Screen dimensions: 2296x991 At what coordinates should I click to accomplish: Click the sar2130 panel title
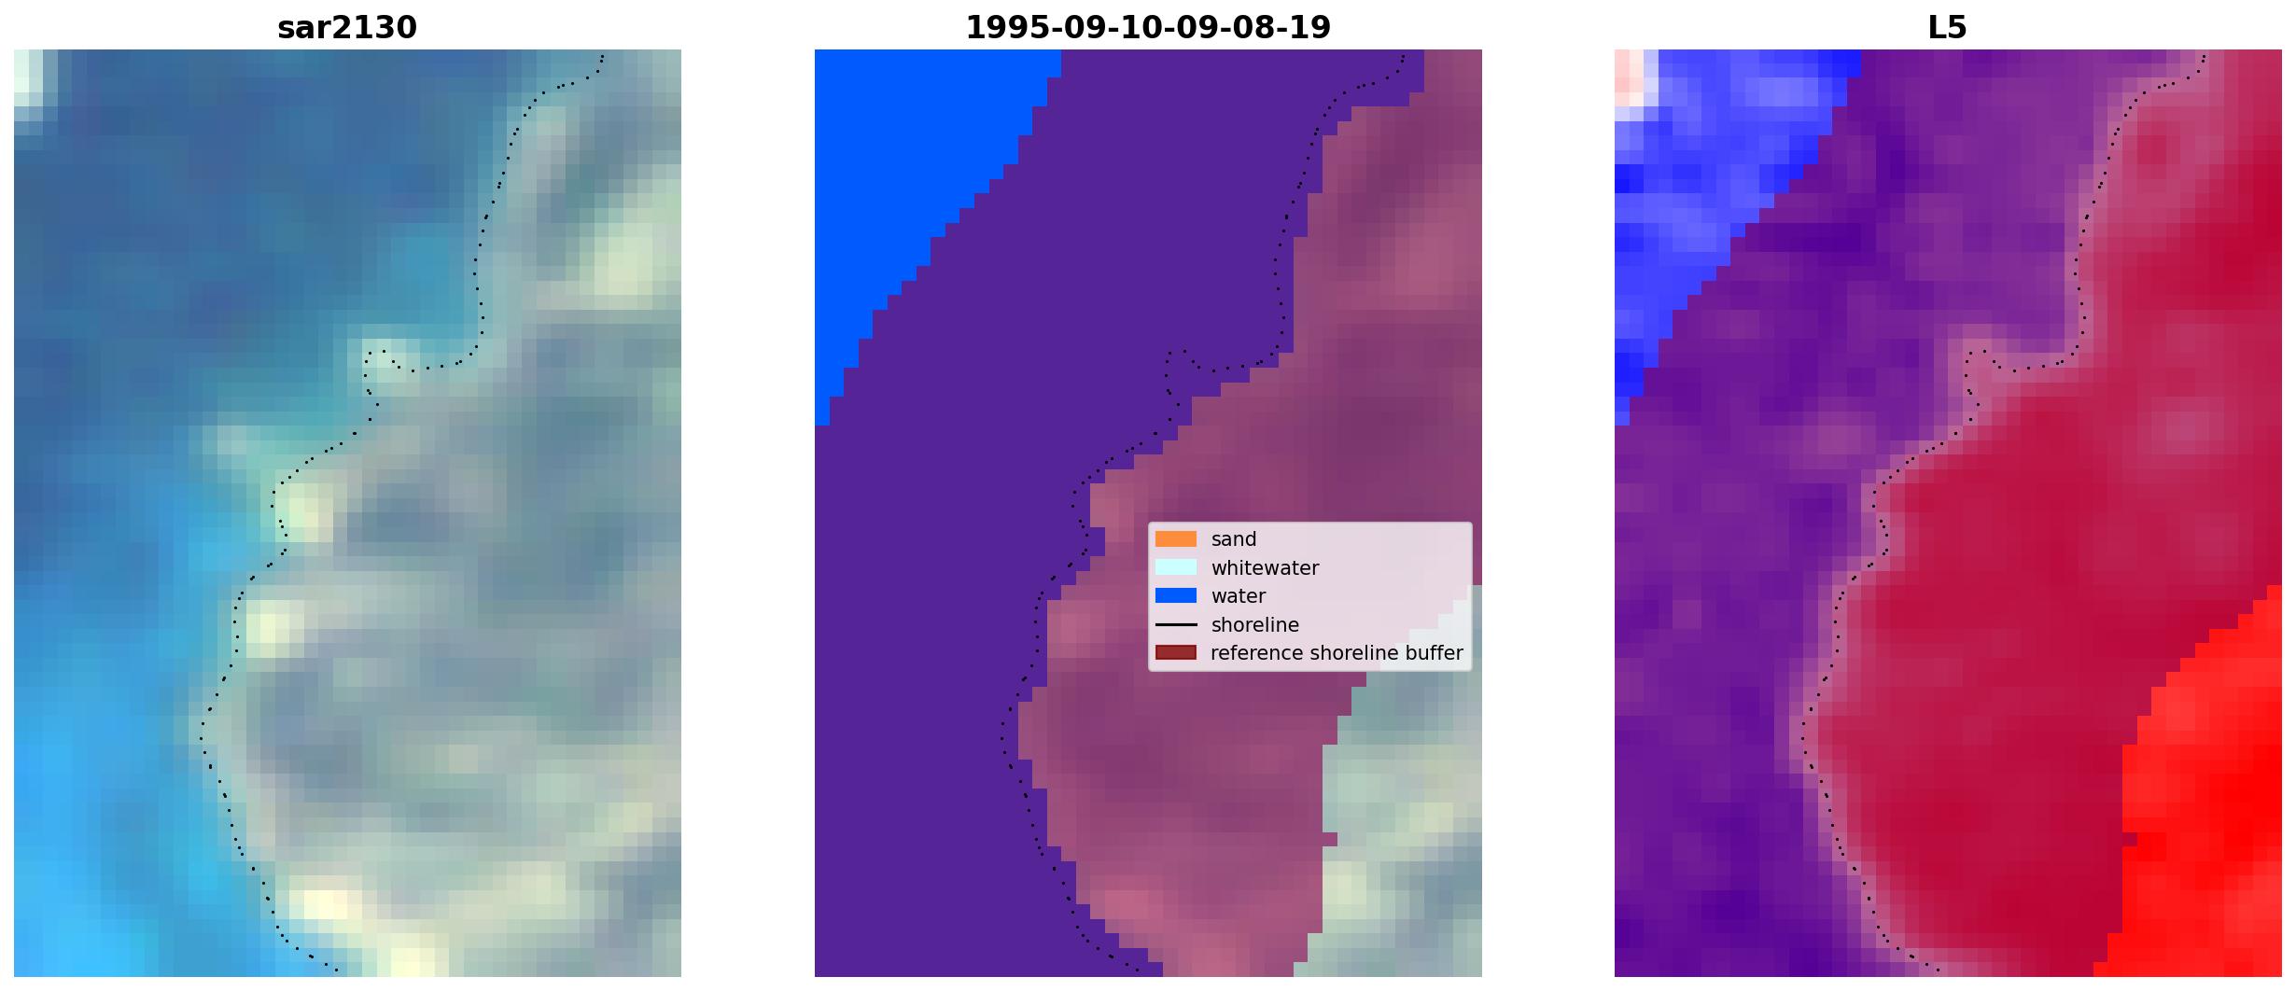click(347, 28)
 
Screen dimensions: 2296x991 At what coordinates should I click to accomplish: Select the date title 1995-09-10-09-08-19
click(1148, 28)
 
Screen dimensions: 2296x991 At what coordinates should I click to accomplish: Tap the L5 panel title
click(1948, 28)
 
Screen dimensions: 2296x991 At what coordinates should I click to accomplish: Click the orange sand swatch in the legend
click(1176, 539)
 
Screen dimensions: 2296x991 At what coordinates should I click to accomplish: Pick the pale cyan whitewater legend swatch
click(1176, 567)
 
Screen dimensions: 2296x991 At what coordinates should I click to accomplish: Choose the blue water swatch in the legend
click(1176, 595)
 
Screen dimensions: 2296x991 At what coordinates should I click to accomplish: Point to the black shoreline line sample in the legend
click(1176, 624)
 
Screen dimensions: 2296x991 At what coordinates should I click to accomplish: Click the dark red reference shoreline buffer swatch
click(1176, 652)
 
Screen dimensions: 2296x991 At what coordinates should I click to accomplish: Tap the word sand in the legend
click(1234, 539)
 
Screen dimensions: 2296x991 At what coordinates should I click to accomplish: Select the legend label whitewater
click(1265, 567)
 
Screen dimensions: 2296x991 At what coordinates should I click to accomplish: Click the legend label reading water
click(1239, 596)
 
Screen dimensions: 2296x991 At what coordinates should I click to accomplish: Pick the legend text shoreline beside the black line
click(1254, 624)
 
